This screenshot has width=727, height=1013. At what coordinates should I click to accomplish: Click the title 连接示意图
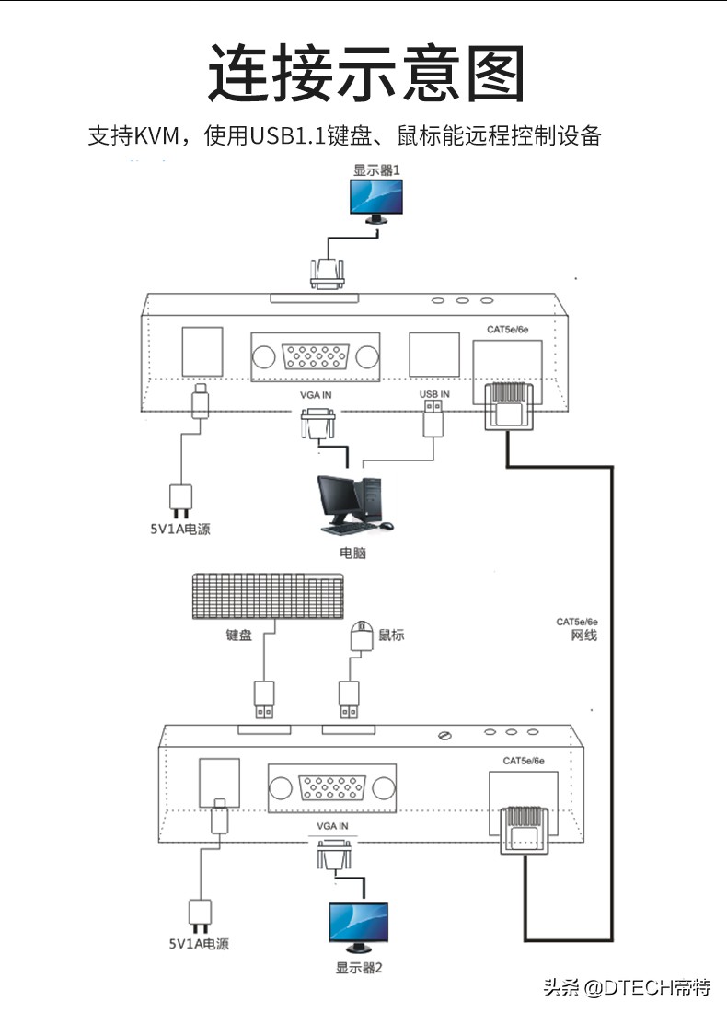(365, 72)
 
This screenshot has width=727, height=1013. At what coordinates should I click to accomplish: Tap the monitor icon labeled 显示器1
(377, 200)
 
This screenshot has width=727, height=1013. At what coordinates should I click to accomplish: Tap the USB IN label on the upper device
(434, 394)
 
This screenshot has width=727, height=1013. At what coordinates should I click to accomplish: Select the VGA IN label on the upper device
(316, 394)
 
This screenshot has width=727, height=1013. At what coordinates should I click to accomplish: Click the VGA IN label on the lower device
(332, 826)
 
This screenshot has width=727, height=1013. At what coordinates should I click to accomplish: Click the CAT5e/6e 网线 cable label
(577, 628)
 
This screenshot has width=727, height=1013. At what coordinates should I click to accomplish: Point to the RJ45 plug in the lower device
(524, 828)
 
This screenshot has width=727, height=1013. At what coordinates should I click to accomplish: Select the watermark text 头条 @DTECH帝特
(627, 988)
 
